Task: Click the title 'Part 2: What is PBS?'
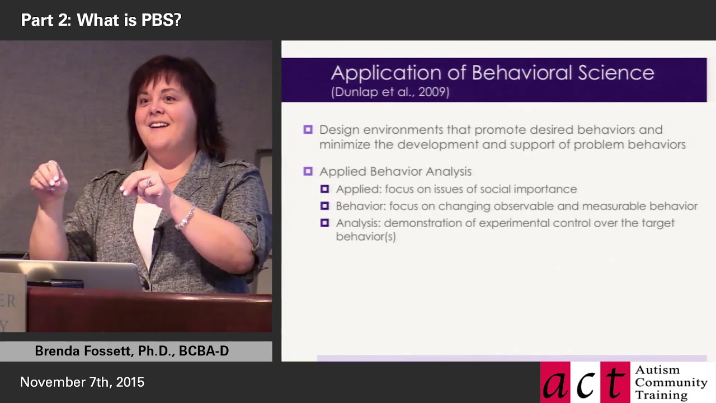click(x=101, y=20)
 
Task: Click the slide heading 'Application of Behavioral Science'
click(x=492, y=73)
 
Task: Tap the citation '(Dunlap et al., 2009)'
click(x=390, y=92)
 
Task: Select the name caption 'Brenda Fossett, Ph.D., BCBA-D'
click(x=132, y=351)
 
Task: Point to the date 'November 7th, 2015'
click(x=82, y=382)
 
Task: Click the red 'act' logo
click(x=585, y=382)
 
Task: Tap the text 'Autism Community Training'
click(x=671, y=382)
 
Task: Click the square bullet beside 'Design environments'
click(x=308, y=130)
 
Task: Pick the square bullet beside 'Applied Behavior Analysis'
click(x=308, y=171)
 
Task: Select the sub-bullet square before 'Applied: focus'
click(x=324, y=189)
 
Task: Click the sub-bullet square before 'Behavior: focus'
click(x=324, y=206)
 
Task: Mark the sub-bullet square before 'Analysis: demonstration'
click(x=324, y=223)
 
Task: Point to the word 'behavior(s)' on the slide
click(x=365, y=236)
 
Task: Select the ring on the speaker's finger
click(x=149, y=182)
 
